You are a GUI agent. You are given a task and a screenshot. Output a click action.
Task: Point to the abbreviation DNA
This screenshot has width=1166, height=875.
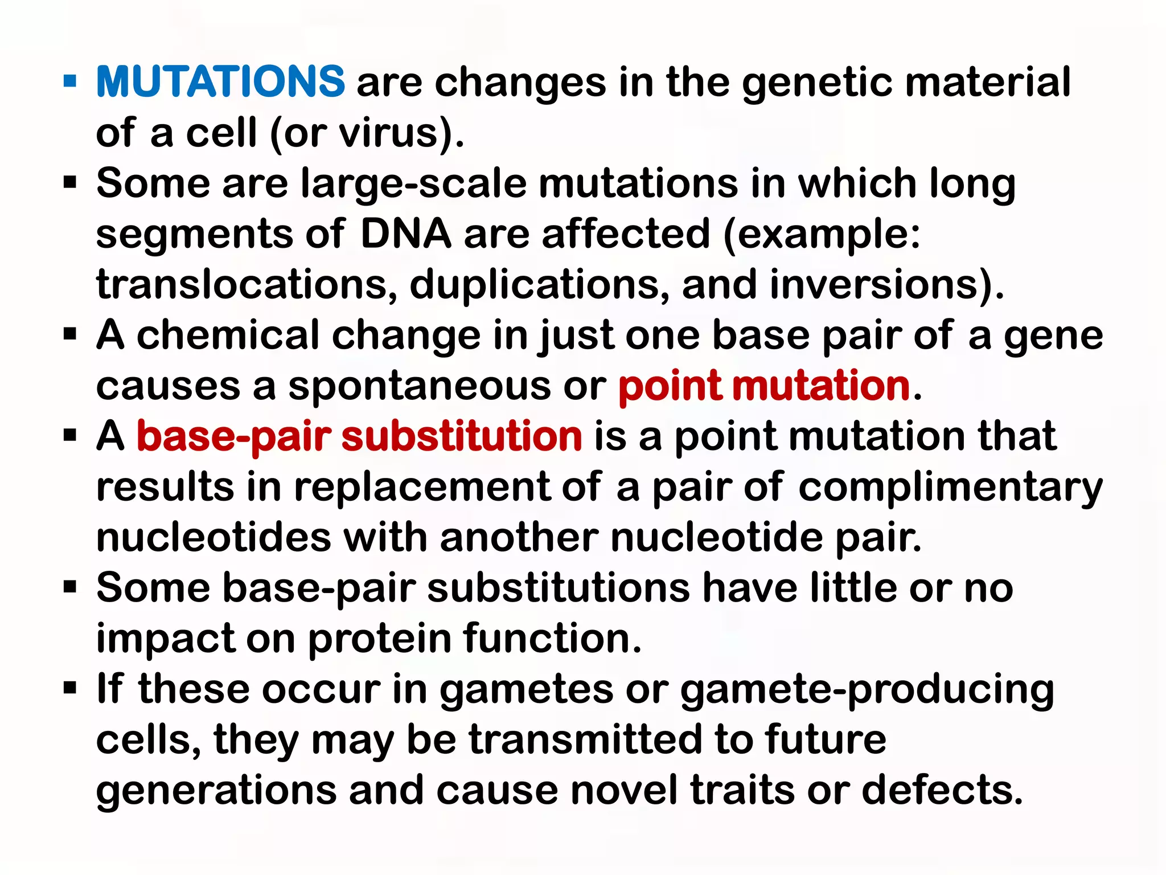point(405,234)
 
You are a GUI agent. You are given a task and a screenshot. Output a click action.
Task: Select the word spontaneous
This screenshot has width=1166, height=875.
point(419,387)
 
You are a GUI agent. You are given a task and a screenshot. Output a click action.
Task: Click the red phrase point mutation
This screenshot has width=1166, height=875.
point(764,387)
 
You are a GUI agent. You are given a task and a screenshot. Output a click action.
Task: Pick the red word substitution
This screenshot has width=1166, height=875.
point(461,436)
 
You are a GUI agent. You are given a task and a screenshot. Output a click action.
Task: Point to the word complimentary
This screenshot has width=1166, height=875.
point(950,488)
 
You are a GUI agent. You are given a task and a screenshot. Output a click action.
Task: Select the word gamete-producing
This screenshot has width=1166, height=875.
point(867,690)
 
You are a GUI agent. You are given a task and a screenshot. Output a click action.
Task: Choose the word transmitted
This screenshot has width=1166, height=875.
point(585,739)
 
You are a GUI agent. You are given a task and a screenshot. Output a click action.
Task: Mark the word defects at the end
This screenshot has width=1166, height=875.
point(942,791)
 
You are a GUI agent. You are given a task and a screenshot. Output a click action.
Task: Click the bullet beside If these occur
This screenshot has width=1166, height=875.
point(70,688)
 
